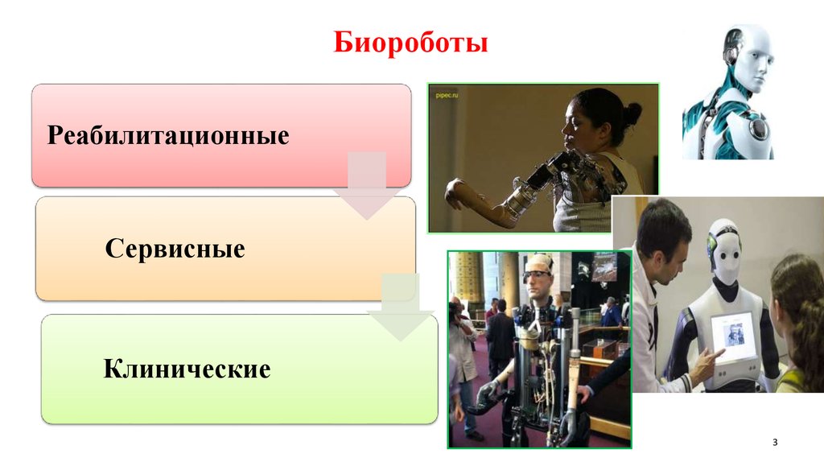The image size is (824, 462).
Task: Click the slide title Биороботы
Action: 410,43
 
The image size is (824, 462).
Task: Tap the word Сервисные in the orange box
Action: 175,249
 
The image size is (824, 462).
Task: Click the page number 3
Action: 775,443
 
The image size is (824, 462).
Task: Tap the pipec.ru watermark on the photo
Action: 447,94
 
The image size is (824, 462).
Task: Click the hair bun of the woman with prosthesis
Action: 632,113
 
